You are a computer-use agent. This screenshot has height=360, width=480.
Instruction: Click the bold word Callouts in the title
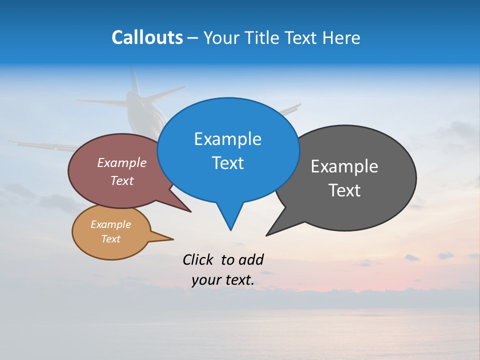point(147,37)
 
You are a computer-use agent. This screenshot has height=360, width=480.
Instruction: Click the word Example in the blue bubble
point(227,139)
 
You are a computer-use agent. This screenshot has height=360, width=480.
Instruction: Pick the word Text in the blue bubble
point(227,163)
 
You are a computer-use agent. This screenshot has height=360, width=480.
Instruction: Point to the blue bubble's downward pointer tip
point(230,229)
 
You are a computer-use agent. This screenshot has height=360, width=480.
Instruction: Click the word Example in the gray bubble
point(344,166)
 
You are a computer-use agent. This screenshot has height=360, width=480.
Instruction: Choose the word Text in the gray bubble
point(344,190)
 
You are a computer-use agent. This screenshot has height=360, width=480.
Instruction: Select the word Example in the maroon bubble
point(122,162)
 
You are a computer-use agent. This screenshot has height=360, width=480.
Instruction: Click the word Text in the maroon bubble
point(122,180)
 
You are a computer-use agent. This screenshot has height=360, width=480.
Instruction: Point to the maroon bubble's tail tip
point(190,211)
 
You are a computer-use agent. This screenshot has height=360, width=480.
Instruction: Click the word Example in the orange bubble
point(111,224)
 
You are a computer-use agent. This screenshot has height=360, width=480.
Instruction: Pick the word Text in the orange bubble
point(111,239)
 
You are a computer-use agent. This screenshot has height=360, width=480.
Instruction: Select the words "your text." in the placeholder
point(223,280)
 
